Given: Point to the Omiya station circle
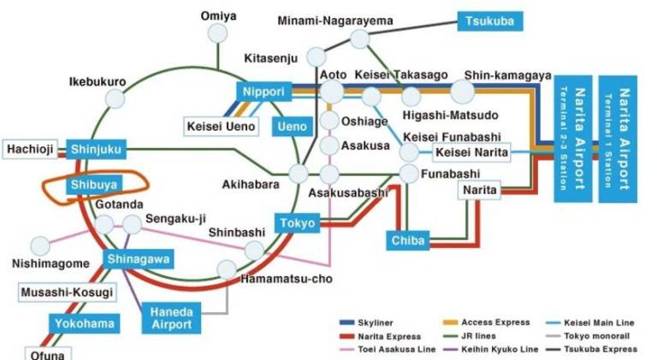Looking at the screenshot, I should (x=220, y=33).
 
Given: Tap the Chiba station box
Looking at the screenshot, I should (x=408, y=241).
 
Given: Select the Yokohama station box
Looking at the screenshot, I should (x=84, y=324).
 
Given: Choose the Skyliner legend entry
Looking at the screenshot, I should (x=373, y=322).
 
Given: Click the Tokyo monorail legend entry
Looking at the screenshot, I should (x=590, y=336).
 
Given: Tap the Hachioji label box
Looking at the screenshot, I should (x=31, y=150).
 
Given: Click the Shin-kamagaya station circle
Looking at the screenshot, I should (x=462, y=91).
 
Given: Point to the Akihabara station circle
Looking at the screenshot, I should (x=299, y=174).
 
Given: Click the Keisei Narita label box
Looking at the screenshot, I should (x=471, y=153).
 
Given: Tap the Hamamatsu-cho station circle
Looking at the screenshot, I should (x=227, y=269).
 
